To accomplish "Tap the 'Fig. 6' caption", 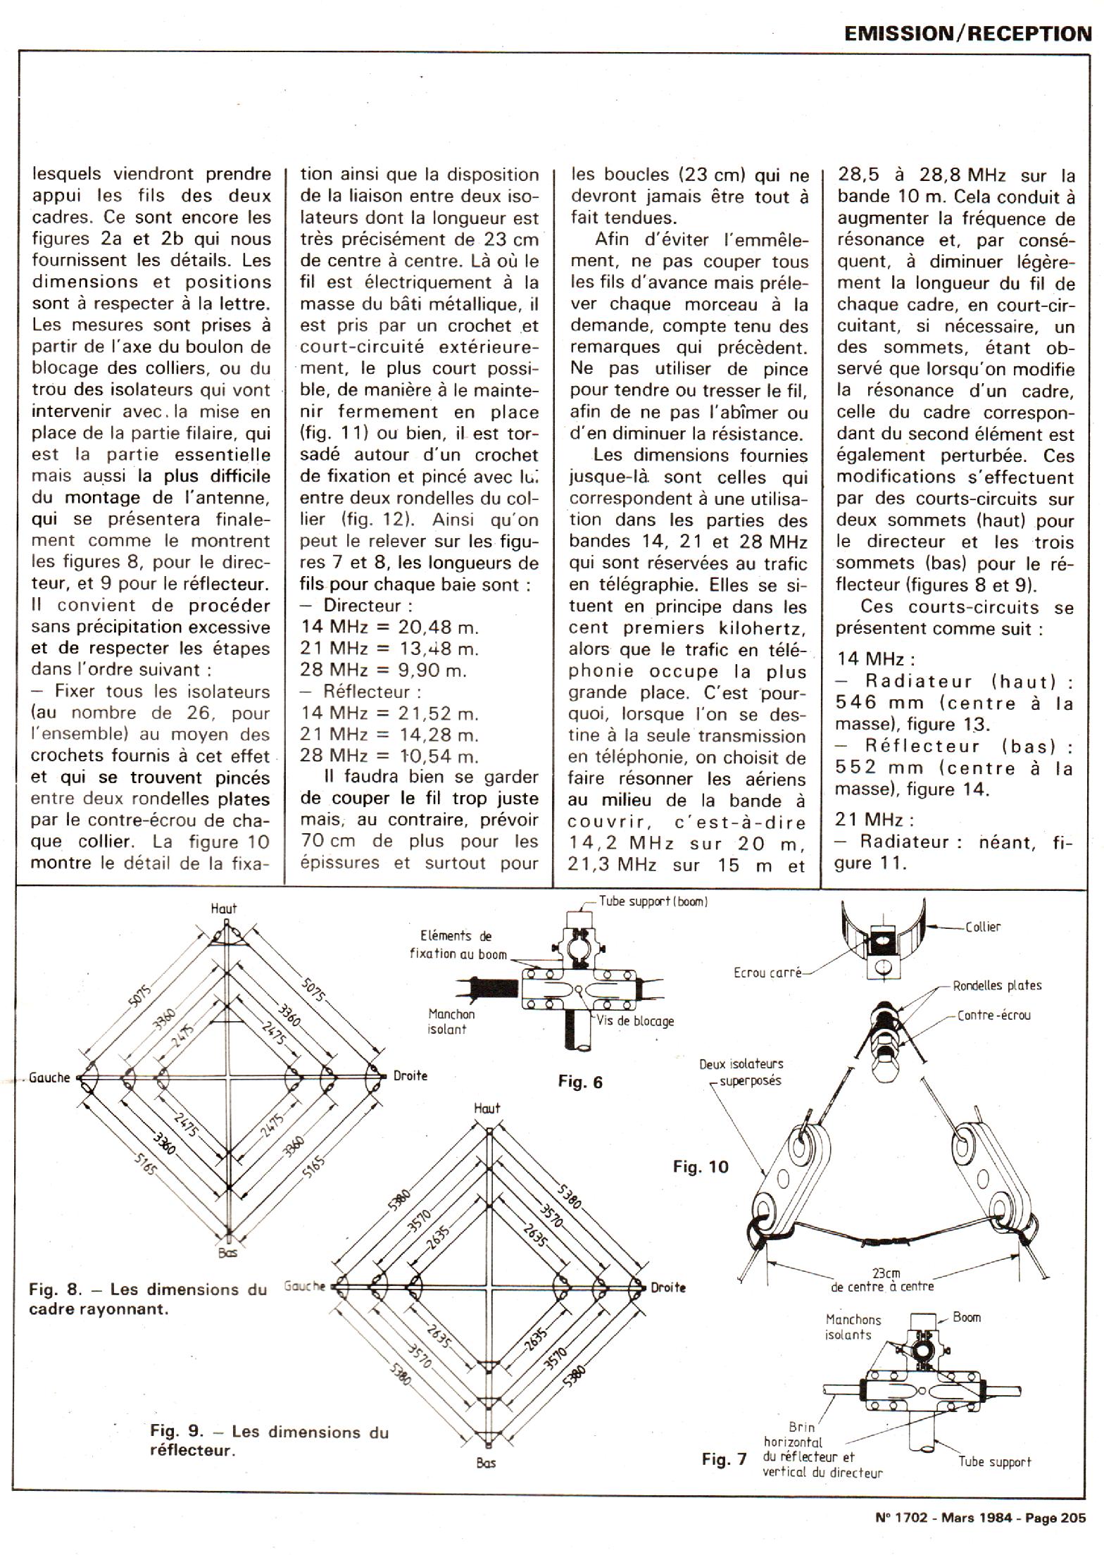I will (580, 1081).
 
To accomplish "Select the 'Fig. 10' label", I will (701, 1167).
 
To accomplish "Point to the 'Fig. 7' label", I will (724, 1459).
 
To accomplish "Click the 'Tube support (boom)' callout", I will (653, 901).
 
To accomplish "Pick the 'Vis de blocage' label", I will (635, 1020).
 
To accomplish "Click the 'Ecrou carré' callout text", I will (767, 974).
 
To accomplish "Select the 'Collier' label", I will (982, 927).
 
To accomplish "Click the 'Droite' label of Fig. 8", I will (410, 1075).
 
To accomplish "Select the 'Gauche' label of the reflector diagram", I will (305, 1286).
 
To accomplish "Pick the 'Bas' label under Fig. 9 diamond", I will (486, 1463).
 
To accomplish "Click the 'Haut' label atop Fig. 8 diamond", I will (224, 908).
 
